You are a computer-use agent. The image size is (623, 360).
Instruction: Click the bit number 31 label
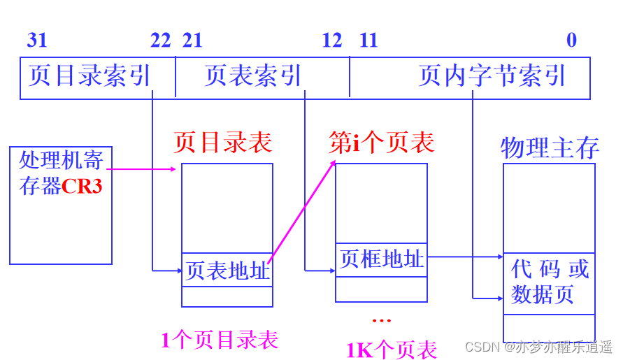pos(37,40)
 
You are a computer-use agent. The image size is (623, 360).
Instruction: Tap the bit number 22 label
pos(160,40)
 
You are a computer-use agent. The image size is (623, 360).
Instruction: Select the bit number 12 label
pos(332,40)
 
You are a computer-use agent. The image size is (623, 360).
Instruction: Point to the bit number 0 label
pos(571,40)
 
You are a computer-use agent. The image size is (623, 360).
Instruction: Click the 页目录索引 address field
pos(90,76)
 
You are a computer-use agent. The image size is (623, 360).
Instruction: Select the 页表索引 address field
pos(253,76)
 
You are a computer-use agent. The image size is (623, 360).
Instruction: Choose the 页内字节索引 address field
pos(492,76)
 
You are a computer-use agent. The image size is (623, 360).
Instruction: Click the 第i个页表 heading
pos(382,143)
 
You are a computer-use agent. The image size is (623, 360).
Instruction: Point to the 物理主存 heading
pos(550,147)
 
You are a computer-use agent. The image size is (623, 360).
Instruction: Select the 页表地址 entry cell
pos(227,270)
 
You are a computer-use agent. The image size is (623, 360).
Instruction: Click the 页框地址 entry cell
pos(381,259)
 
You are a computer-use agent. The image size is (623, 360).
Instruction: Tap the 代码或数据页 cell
pos(549,282)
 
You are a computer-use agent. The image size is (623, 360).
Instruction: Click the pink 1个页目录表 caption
pos(220,340)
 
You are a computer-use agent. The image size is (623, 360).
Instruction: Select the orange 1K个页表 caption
pos(392,348)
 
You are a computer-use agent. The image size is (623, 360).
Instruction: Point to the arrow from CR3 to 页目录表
pos(143,168)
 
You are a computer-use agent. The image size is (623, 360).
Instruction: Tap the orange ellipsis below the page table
pos(382,320)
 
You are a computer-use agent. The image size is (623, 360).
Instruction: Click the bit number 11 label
pos(368,40)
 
